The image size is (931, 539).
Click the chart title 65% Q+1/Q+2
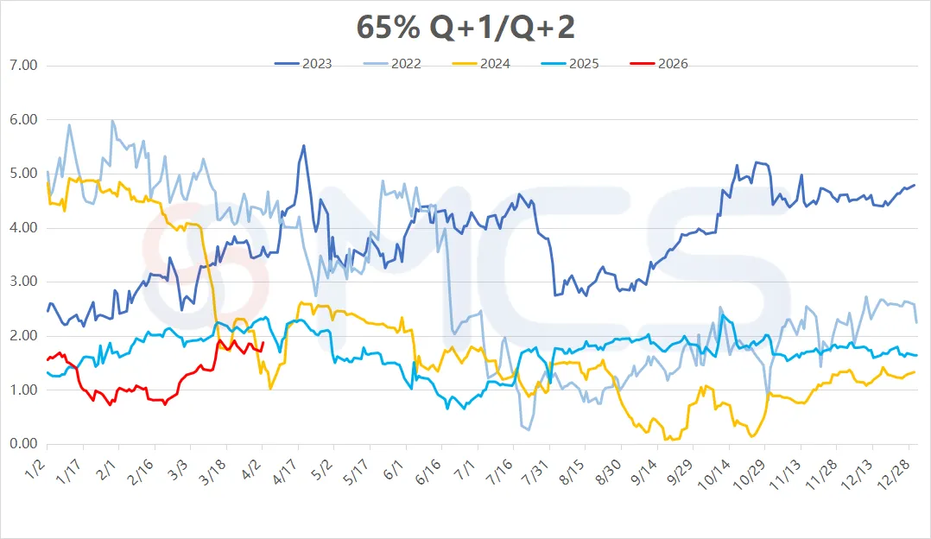465,27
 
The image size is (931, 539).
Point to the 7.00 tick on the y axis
22,66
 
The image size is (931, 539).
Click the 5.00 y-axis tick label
22,174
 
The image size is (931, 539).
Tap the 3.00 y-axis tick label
22,282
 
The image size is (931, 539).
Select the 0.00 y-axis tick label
22,444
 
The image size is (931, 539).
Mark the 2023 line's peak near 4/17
303,146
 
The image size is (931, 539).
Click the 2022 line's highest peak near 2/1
112,121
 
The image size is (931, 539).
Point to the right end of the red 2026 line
263,343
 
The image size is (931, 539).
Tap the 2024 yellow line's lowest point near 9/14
666,440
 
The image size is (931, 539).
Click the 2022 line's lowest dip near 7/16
528,428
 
